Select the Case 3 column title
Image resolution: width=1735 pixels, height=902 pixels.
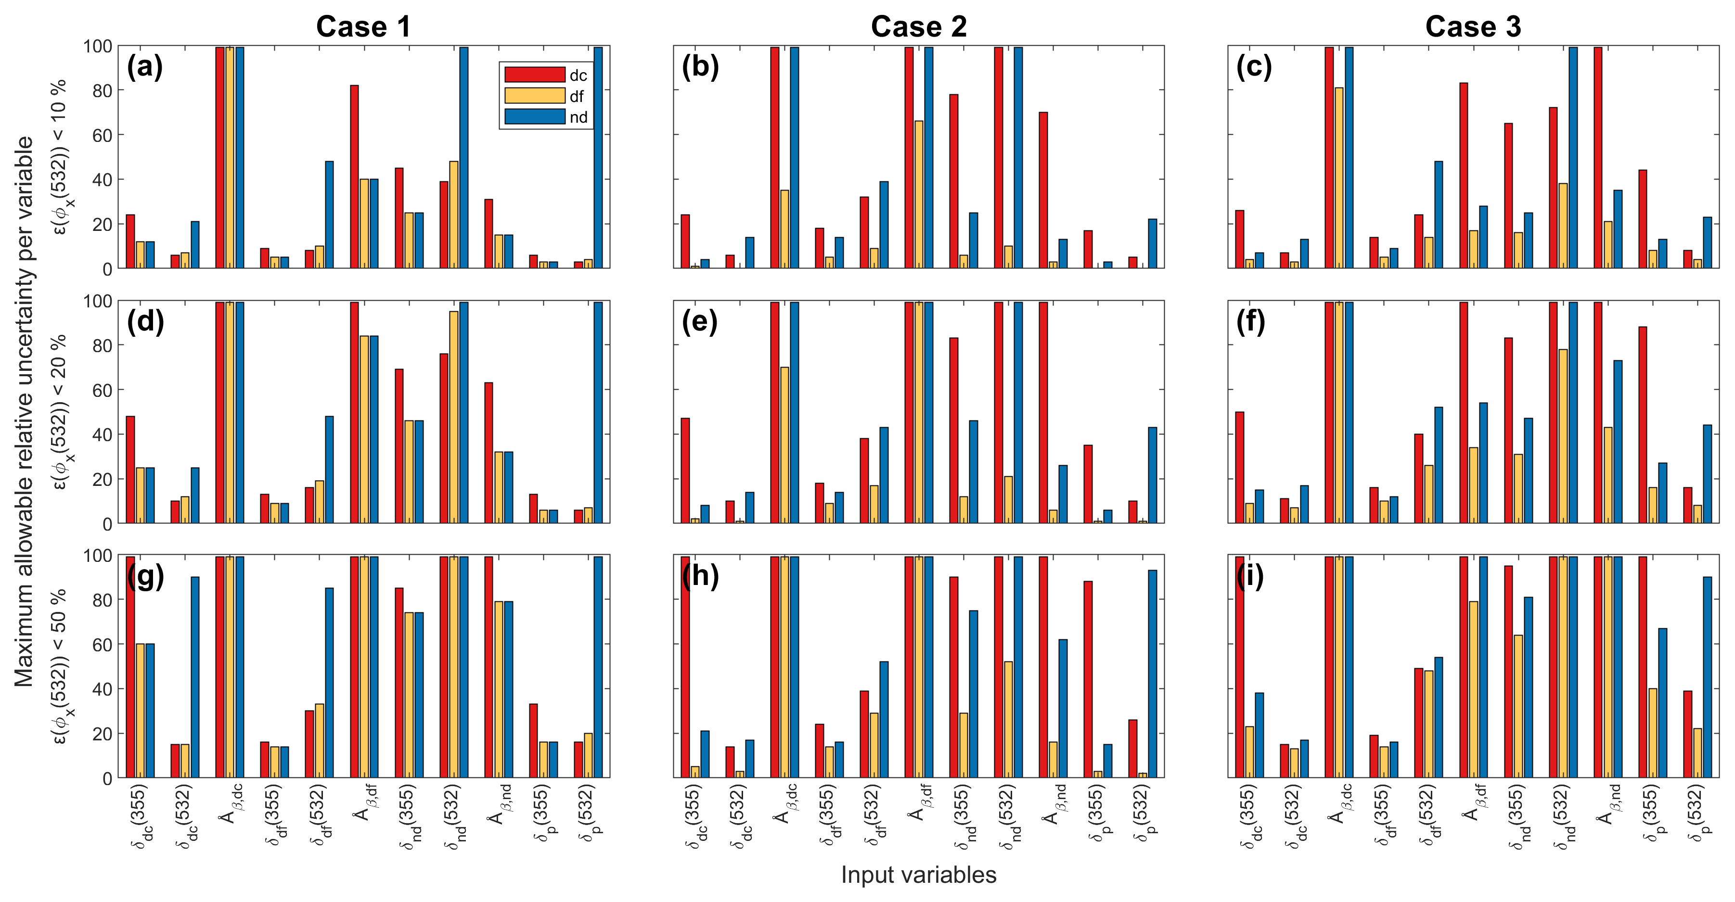(x=1473, y=27)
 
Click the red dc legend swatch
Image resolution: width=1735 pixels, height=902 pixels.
(x=535, y=75)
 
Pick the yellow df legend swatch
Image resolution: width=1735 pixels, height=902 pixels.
(x=535, y=96)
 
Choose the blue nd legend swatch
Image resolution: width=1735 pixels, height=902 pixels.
(x=535, y=116)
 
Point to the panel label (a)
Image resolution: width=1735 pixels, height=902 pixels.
(x=145, y=67)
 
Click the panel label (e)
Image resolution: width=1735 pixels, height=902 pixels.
(x=700, y=322)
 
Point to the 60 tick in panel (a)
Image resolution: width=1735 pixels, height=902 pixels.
(x=98, y=135)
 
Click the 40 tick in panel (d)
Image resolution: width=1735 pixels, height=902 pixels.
(x=98, y=434)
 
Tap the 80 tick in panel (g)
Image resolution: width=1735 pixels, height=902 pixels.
(x=98, y=599)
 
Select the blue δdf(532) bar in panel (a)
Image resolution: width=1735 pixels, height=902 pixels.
(x=329, y=215)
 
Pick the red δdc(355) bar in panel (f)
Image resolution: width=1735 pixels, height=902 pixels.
(x=1240, y=468)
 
